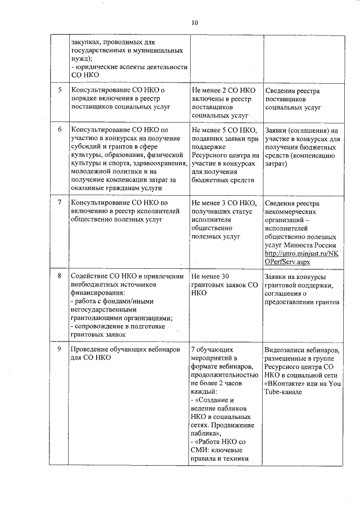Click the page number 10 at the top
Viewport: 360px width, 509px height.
pyautogui.click(x=194, y=23)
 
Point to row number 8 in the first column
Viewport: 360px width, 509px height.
pyautogui.click(x=60, y=276)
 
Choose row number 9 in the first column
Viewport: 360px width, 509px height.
pyautogui.click(x=60, y=350)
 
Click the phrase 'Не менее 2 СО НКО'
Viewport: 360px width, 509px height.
pyautogui.click(x=223, y=90)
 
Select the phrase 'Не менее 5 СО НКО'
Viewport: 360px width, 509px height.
pyautogui.click(x=224, y=130)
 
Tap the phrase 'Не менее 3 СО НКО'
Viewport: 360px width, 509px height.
pyautogui.click(x=224, y=203)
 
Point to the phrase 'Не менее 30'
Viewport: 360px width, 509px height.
pyautogui.click(x=210, y=276)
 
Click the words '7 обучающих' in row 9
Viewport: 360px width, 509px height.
pyautogui.click(x=211, y=350)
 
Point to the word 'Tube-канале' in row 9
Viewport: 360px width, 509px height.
pyautogui.click(x=284, y=392)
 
